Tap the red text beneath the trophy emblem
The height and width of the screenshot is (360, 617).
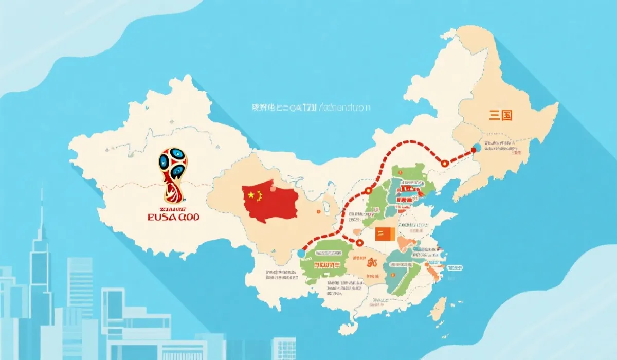pos(173,217)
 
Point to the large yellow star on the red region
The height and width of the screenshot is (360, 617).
pos(250,195)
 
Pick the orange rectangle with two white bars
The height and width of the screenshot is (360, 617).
pos(384,235)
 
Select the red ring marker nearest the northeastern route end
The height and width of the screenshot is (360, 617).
pos(444,163)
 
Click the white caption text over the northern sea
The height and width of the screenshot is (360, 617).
pos(311,108)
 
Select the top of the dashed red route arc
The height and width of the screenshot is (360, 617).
pos(409,141)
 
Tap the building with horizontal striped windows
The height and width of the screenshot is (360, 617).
pos(80,280)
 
